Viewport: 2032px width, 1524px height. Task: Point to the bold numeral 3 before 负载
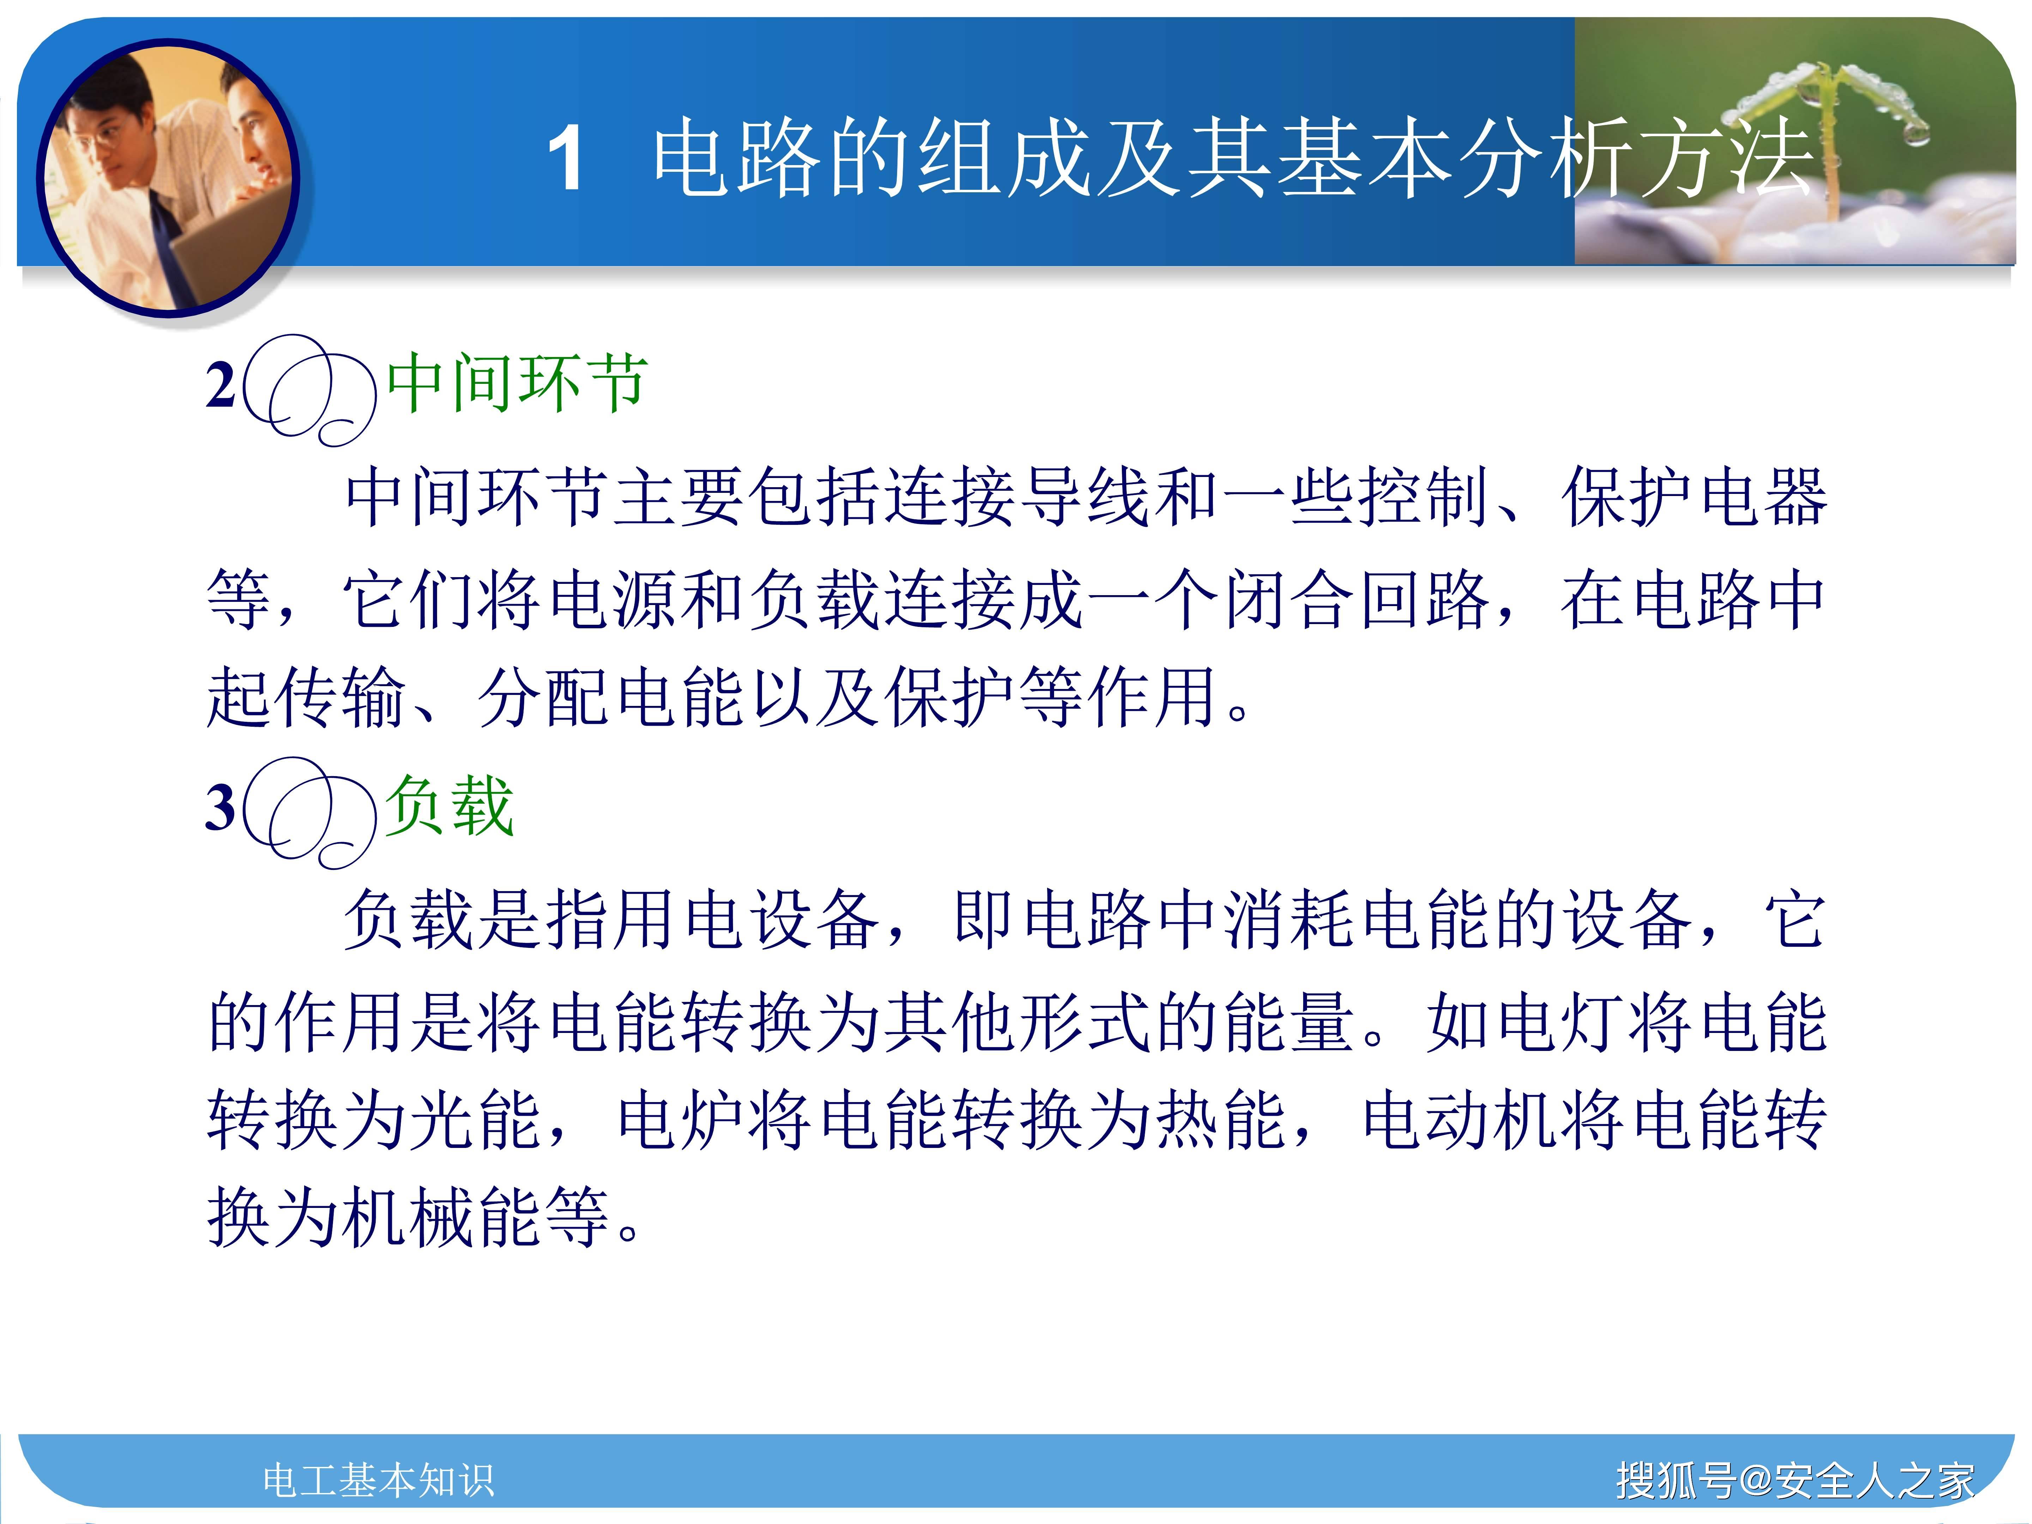click(220, 808)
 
